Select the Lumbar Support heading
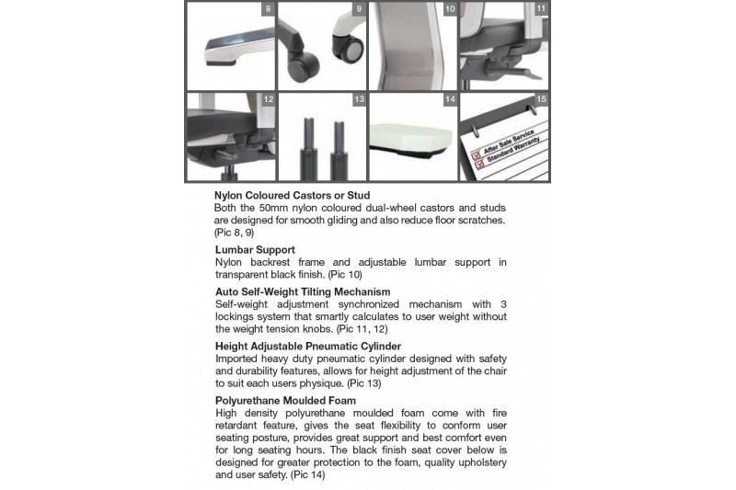255,249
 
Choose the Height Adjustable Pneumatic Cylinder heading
312,346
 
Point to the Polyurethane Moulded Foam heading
286,401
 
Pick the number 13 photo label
358,98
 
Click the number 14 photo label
449,98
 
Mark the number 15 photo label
541,98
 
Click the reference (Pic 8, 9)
232,233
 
